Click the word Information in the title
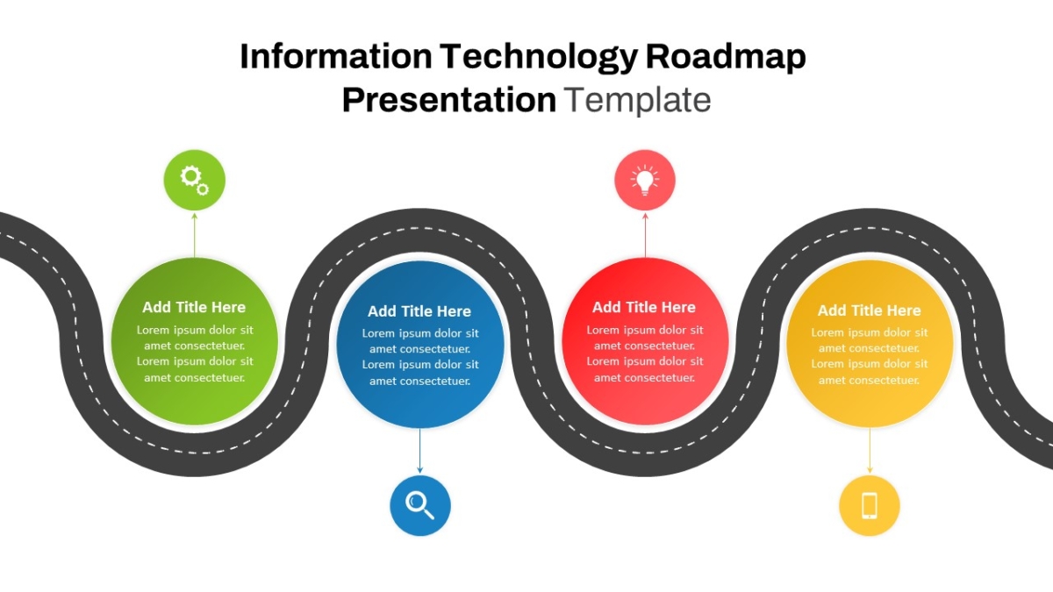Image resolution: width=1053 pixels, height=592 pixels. tap(335, 56)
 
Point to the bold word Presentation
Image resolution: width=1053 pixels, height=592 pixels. tap(449, 100)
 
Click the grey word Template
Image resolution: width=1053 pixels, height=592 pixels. tap(637, 100)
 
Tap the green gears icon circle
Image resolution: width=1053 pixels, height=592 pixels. tap(194, 180)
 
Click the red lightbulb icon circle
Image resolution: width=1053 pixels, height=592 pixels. tap(645, 180)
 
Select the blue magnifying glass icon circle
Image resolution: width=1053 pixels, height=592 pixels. tap(419, 505)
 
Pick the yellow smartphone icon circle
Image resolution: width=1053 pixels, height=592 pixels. tap(870, 505)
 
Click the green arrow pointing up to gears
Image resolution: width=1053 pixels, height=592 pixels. tap(194, 235)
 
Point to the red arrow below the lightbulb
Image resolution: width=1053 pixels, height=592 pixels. tap(645, 235)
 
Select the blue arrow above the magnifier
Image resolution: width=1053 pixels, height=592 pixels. tap(419, 451)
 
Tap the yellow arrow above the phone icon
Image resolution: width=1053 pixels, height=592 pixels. tap(870, 451)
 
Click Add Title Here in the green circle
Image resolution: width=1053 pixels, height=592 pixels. tap(194, 307)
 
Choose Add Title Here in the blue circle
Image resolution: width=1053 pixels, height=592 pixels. tap(419, 311)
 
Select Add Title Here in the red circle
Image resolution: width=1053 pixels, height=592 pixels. tap(644, 307)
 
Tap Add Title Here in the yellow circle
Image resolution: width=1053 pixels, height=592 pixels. tap(870, 310)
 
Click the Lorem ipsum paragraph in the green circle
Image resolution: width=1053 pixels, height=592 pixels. tap(195, 353)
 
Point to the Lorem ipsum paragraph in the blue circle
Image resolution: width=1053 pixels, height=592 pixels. tap(420, 357)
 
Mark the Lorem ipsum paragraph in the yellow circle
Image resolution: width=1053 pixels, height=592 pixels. tap(870, 356)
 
